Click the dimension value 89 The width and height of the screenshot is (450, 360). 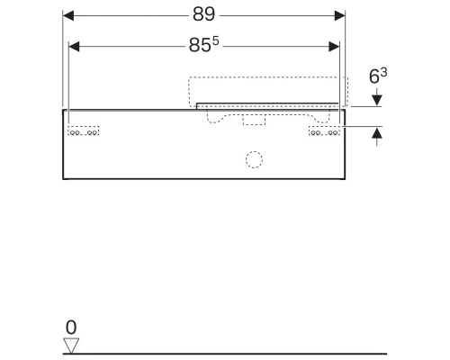click(204, 15)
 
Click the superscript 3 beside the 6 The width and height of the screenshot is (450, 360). click(382, 74)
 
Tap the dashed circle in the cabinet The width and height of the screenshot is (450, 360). click(255, 161)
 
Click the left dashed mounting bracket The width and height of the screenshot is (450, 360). click(85, 132)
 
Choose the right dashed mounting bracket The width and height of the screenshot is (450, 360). click(323, 132)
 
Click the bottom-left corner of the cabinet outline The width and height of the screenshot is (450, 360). click(63, 178)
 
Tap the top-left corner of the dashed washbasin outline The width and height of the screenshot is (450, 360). click(189, 78)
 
